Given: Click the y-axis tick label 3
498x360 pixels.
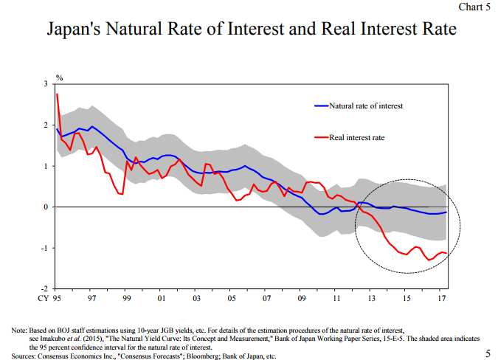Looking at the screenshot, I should [45, 85].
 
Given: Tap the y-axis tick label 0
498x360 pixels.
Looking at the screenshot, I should [45, 207].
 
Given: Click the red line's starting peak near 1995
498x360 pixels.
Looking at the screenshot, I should [57, 94].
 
